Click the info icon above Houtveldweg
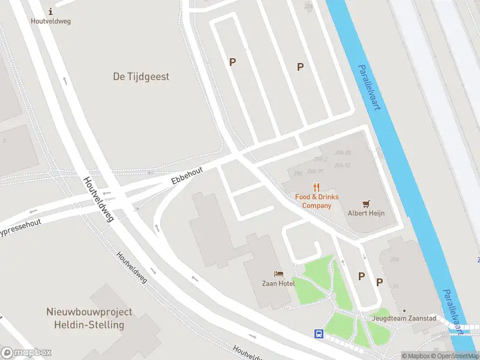click(50, 11)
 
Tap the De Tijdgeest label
click(141, 77)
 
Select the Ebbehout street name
click(187, 175)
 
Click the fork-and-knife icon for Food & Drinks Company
click(317, 187)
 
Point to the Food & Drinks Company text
click(317, 201)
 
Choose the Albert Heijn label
click(366, 213)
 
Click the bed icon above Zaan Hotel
click(278, 274)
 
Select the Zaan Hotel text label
click(278, 283)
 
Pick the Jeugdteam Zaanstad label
click(403, 318)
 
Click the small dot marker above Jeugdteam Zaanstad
click(404, 311)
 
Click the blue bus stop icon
click(319, 334)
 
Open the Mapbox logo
click(26, 353)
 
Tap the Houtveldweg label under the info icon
click(50, 21)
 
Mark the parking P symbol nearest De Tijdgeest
click(232, 62)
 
